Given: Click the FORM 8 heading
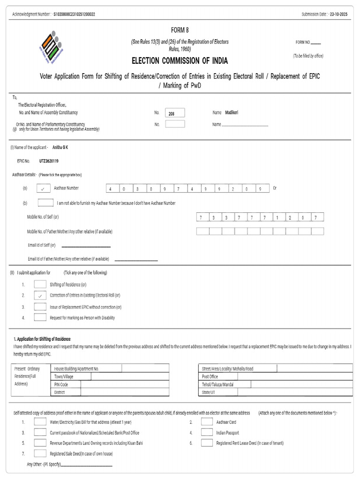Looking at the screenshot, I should (180, 30).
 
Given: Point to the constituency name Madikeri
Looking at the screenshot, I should (232, 113).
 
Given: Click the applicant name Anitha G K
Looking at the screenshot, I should (60, 147).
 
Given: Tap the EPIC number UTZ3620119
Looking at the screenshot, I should (49, 161).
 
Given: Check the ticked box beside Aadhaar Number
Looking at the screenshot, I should (43, 188).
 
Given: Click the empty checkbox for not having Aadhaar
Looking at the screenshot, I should (45, 203).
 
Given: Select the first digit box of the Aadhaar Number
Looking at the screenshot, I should (112, 189).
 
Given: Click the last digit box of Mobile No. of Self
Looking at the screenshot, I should (317, 217).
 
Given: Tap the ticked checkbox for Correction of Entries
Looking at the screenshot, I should (40, 296).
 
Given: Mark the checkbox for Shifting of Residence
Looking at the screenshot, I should (40, 285).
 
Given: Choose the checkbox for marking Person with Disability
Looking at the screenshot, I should (40, 318).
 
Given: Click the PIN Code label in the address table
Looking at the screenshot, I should (61, 384).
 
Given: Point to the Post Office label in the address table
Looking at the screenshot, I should (210, 376).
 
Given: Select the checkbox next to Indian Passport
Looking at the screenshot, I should (207, 433).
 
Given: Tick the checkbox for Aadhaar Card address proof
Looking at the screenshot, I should (207, 422).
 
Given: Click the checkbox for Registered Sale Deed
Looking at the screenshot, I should (40, 453).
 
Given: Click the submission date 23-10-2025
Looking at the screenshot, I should (338, 15).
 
